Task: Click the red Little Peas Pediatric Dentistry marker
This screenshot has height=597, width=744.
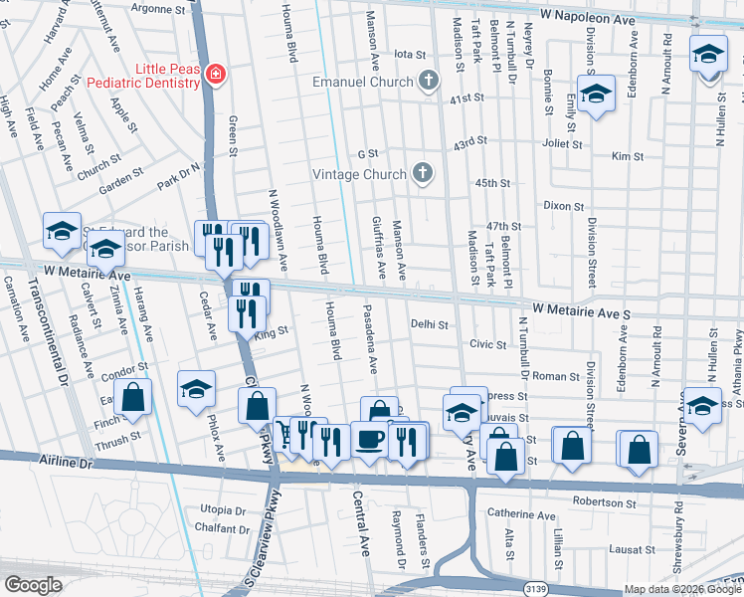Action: click(x=214, y=74)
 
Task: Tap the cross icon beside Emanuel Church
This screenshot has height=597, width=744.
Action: click(x=428, y=81)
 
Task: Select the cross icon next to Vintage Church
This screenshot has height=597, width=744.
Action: click(x=423, y=174)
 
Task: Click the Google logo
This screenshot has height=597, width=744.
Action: click(x=34, y=584)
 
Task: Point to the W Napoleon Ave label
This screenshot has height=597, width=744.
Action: click(x=590, y=18)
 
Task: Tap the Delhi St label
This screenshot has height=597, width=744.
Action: click(x=430, y=324)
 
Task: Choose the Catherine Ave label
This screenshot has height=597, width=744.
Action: click(x=521, y=515)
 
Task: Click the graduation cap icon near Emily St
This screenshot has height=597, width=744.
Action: click(x=595, y=96)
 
